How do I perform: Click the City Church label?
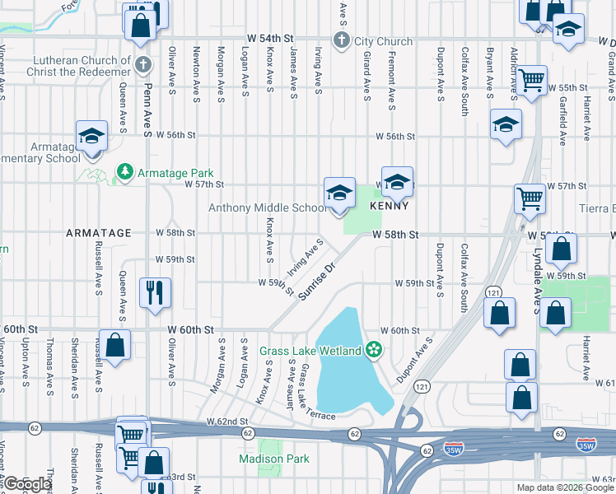click(x=383, y=40)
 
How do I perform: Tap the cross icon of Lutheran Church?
click(x=143, y=63)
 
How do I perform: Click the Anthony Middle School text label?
click(x=268, y=208)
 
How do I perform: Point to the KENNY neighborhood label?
click(x=390, y=205)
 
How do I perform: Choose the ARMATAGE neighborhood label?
click(x=99, y=233)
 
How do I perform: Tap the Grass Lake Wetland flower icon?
click(x=374, y=351)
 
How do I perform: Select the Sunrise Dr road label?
click(x=320, y=281)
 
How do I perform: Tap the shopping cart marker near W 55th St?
click(x=532, y=81)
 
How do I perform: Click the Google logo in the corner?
click(x=26, y=484)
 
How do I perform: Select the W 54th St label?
click(x=269, y=39)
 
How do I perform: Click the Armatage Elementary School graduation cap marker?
click(x=91, y=136)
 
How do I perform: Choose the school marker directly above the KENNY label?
click(x=397, y=182)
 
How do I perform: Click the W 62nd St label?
click(x=226, y=422)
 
